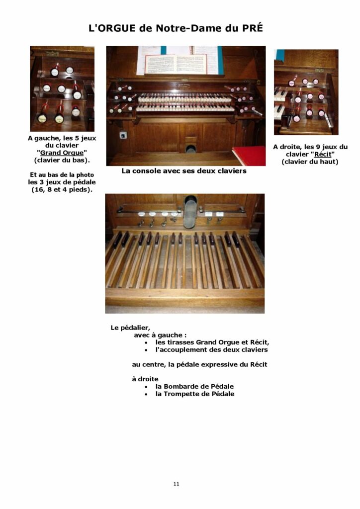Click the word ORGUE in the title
pyautogui.click(x=117, y=28)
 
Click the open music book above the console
pyautogui.click(x=175, y=63)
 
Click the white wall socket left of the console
pyautogui.click(x=122, y=135)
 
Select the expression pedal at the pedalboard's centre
pyautogui.click(x=190, y=212)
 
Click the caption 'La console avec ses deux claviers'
pyautogui.click(x=184, y=171)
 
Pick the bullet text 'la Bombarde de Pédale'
pyautogui.click(x=194, y=386)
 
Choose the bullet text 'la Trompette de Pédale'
pyautogui.click(x=194, y=394)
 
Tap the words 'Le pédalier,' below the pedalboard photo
pyautogui.click(x=130, y=328)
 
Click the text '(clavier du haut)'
pyautogui.click(x=310, y=162)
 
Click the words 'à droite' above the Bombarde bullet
pyautogui.click(x=145, y=379)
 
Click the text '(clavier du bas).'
pyautogui.click(x=62, y=160)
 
